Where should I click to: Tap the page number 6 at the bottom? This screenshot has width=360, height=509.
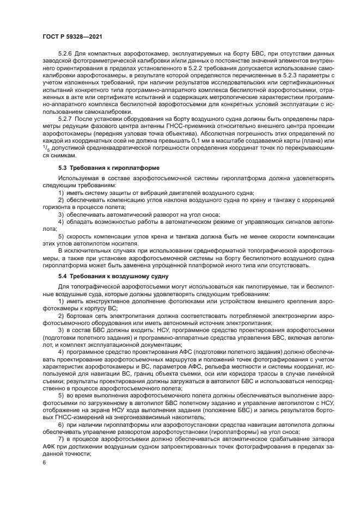click(44, 462)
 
